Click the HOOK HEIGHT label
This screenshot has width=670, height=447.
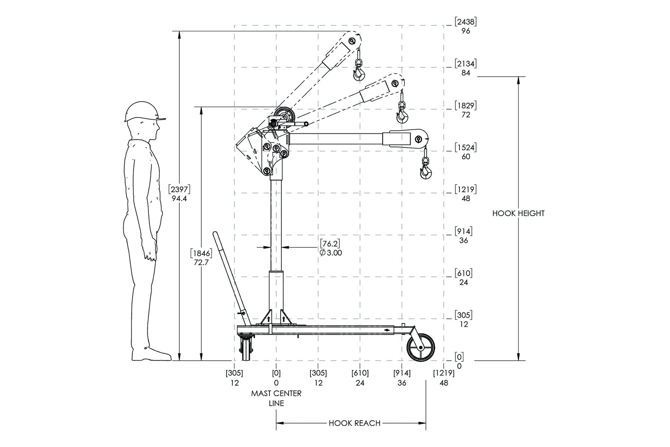click(518, 213)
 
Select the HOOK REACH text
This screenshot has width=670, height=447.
click(354, 423)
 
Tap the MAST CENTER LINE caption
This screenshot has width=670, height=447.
click(276, 398)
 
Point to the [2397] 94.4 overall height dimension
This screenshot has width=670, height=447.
click(179, 194)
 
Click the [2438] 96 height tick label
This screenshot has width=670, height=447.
click(466, 26)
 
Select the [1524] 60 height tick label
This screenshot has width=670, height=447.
click(466, 152)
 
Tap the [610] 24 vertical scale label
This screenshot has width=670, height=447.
click(463, 278)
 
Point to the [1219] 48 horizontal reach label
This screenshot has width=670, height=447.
click(444, 378)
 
